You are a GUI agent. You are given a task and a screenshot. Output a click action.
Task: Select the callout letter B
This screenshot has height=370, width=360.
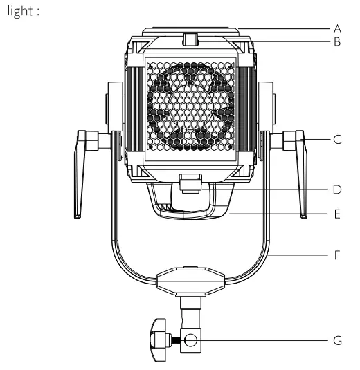[x=338, y=41]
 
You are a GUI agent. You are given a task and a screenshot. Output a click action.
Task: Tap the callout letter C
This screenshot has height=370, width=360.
[x=338, y=139]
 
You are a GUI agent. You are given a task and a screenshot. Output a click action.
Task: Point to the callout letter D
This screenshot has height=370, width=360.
[x=338, y=189]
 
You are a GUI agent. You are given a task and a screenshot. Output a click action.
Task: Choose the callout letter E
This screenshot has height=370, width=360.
[x=338, y=214]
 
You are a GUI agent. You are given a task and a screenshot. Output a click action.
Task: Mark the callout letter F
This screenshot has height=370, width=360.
[x=338, y=255]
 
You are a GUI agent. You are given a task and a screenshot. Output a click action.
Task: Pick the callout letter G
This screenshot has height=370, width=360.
[x=338, y=341]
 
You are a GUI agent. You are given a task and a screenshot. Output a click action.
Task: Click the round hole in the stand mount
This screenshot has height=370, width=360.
[x=190, y=341]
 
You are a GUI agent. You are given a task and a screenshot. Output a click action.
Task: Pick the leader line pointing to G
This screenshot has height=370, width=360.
[x=263, y=341]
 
